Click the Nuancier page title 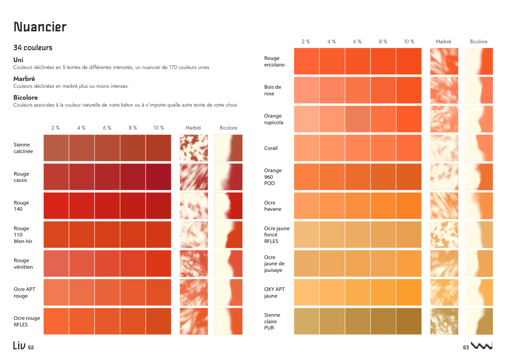click(x=40, y=27)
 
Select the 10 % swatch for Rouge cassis click(x=159, y=177)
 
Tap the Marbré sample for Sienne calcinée click(x=194, y=148)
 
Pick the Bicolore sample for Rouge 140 click(x=228, y=206)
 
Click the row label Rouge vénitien click(x=23, y=264)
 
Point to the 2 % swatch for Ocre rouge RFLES click(x=56, y=321)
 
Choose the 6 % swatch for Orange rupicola click(x=357, y=119)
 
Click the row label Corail click(x=271, y=148)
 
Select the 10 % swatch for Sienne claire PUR click(x=409, y=321)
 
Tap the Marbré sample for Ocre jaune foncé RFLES click(x=444, y=235)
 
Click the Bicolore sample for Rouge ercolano click(x=479, y=61)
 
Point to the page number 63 click(x=466, y=347)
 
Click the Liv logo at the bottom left click(x=19, y=346)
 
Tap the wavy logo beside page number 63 click(x=482, y=346)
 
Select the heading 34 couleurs click(x=33, y=48)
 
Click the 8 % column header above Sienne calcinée click(x=133, y=128)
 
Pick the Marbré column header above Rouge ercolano click(x=443, y=41)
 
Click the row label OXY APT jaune click(x=274, y=293)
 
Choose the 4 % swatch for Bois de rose click(x=332, y=90)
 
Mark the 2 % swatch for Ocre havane click(x=306, y=206)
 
